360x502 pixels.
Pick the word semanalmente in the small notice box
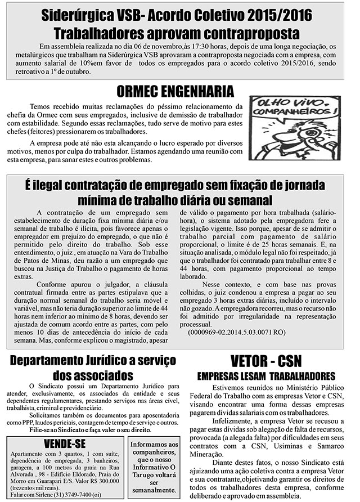pyautogui.click(x=154, y=491)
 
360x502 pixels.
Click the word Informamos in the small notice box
pyautogui.click(x=154, y=444)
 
